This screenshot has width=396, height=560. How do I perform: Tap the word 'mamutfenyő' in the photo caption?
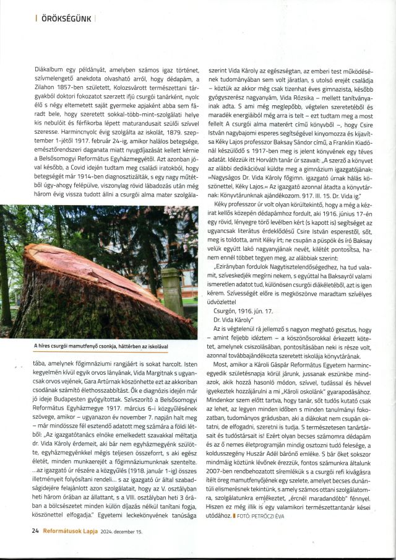point(97,346)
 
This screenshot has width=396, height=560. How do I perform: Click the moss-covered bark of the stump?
point(74,316)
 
